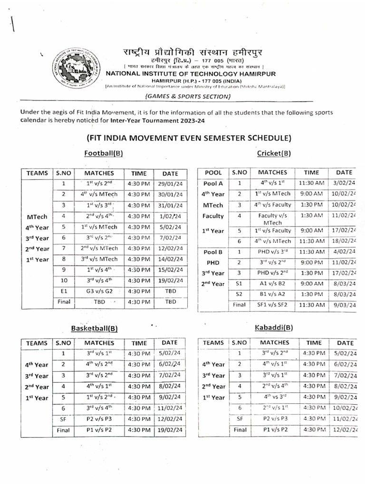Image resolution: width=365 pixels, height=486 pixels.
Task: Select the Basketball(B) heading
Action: click(x=95, y=328)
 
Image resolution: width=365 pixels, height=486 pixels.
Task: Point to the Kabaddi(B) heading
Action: click(x=274, y=328)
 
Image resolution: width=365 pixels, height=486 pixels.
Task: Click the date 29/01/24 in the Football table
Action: click(x=170, y=183)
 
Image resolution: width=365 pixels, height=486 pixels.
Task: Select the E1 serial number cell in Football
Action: click(x=63, y=290)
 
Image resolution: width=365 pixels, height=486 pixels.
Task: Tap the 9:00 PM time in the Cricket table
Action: click(x=311, y=262)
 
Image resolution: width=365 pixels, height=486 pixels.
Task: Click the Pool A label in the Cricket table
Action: click(x=213, y=183)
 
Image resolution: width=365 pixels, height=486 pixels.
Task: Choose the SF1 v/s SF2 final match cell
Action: click(x=273, y=305)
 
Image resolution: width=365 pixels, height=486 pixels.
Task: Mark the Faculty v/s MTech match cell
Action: click(x=273, y=219)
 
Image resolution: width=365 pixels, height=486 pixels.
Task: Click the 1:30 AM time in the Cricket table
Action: click(x=311, y=215)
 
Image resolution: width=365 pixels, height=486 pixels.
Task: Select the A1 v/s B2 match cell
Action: click(x=273, y=283)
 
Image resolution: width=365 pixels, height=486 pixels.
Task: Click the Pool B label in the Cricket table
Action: click(x=213, y=251)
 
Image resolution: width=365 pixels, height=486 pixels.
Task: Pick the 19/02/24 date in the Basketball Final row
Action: click(x=170, y=430)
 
